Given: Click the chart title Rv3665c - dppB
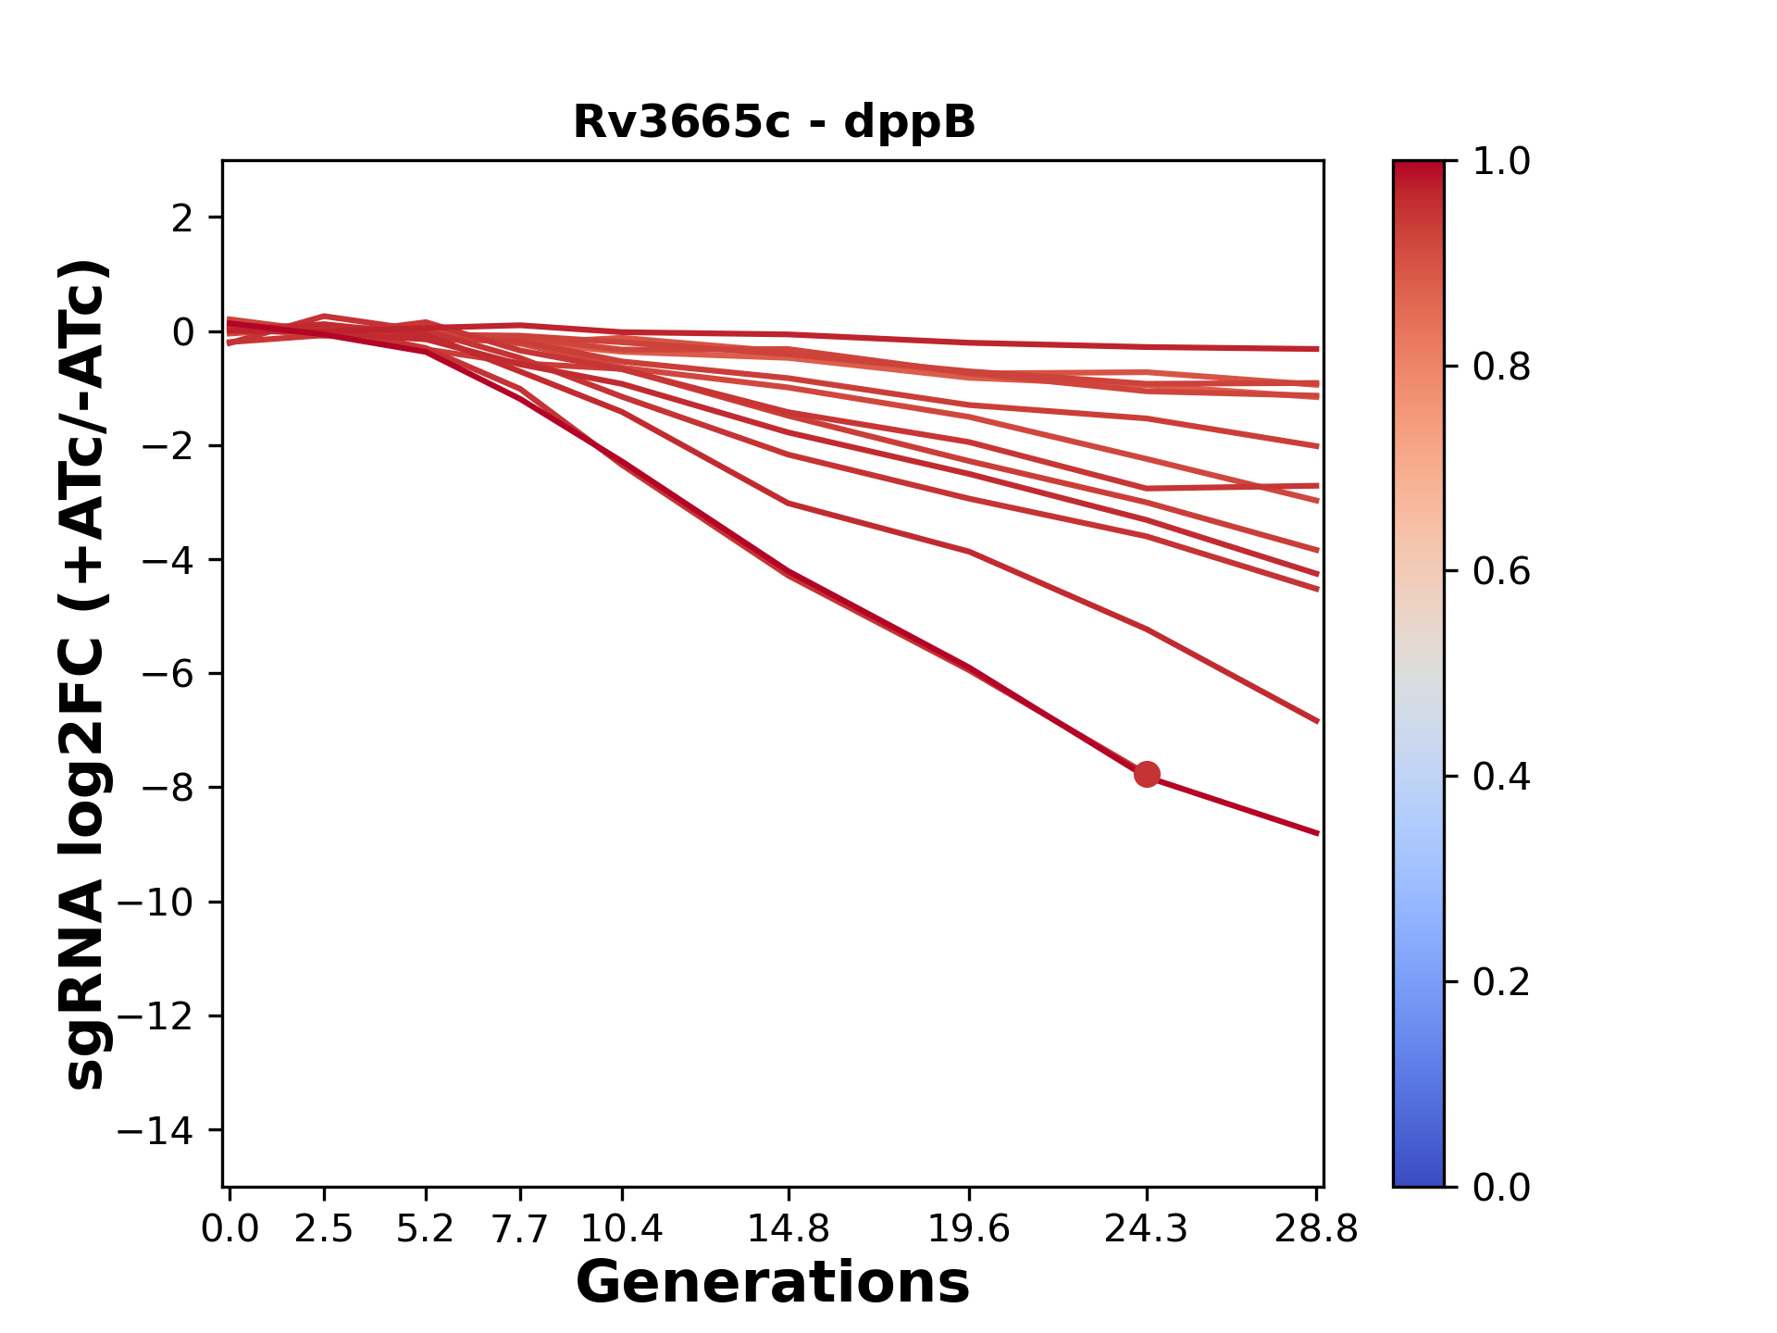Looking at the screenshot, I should pos(774,122).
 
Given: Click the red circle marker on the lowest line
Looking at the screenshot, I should pos(1147,774).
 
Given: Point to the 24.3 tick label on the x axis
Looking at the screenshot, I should pos(1147,1229).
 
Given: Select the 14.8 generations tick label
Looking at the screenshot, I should pos(788,1229).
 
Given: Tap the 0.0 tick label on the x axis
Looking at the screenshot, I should pos(230,1229).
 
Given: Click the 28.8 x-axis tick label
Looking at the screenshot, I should pos(1316,1229).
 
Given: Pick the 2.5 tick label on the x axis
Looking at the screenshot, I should pos(324,1229).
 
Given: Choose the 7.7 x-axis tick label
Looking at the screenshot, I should pos(520,1229).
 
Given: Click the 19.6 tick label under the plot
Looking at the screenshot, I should pos(968,1229).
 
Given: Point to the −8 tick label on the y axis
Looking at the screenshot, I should pos(168,788).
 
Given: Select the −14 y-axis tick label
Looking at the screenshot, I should pos(155,1130).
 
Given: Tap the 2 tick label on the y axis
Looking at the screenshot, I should pos(182,218).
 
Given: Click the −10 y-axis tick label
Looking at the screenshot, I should pos(155,903).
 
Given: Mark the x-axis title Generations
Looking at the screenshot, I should pos(773,1283).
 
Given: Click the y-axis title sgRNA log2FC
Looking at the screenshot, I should pos(85,674).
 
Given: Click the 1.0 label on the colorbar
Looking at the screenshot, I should pos(1501,162).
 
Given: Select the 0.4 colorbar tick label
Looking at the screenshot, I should pos(1501,777).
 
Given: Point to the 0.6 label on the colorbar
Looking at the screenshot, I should pos(1501,572).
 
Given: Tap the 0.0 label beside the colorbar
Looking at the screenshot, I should pos(1501,1187).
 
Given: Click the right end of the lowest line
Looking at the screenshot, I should pos(1317,833).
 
